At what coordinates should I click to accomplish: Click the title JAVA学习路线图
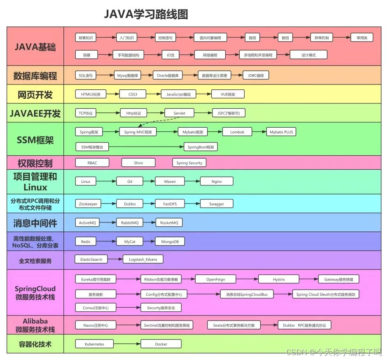pyautogui.click(x=146, y=14)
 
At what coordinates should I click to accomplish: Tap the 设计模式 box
pyautogui.click(x=309, y=55)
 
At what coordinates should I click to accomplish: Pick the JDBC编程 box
pyautogui.click(x=256, y=75)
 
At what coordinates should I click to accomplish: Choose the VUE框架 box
pyautogui.click(x=227, y=94)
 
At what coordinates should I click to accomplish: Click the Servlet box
pyautogui.click(x=179, y=113)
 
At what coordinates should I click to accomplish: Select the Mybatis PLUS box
pyautogui.click(x=281, y=132)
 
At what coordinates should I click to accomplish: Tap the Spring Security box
pyautogui.click(x=189, y=163)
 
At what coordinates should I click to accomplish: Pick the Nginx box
pyautogui.click(x=217, y=181)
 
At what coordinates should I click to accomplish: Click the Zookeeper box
pyautogui.click(x=88, y=204)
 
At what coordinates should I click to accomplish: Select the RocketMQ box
pyautogui.click(x=169, y=223)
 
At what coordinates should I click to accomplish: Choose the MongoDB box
pyautogui.click(x=170, y=242)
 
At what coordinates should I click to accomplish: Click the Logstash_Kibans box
pyautogui.click(x=143, y=259)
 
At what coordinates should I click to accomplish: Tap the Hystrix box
pyautogui.click(x=279, y=279)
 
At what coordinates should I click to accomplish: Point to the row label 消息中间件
pyautogui.click(x=35, y=223)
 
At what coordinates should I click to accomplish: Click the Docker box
pyautogui.click(x=161, y=344)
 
